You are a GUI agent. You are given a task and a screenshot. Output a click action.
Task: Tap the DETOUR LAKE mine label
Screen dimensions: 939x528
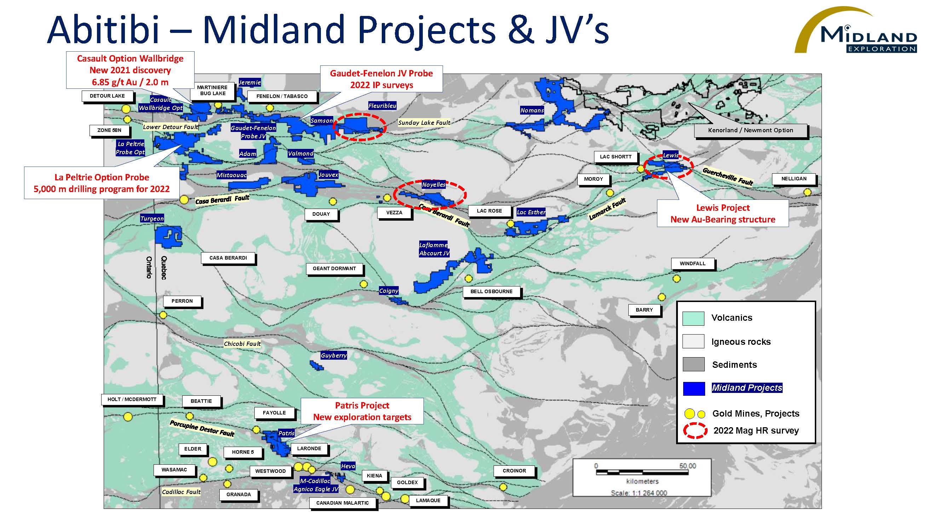pyautogui.click(x=107, y=96)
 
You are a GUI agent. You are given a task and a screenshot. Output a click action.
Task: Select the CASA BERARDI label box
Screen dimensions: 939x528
pyautogui.click(x=228, y=258)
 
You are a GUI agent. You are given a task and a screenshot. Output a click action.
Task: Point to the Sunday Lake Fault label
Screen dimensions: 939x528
pyautogui.click(x=424, y=123)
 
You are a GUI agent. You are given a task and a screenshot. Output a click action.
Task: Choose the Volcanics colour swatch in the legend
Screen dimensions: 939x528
pyautogui.click(x=693, y=319)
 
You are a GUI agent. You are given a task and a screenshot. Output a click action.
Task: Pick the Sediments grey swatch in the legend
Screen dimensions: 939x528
pyautogui.click(x=693, y=364)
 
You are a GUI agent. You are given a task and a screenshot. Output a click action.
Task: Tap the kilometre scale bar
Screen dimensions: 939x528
pyautogui.click(x=642, y=472)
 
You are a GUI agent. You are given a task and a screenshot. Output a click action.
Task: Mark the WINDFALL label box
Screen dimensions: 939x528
pyautogui.click(x=692, y=264)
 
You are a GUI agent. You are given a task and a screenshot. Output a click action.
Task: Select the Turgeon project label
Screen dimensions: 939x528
pyautogui.click(x=152, y=219)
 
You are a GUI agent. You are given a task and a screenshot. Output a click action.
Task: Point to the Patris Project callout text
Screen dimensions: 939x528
pyautogui.click(x=362, y=411)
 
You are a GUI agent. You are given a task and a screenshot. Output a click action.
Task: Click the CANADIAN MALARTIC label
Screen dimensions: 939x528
pyautogui.click(x=342, y=503)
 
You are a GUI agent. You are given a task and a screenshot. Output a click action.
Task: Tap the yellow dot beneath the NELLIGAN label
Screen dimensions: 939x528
pyautogui.click(x=808, y=192)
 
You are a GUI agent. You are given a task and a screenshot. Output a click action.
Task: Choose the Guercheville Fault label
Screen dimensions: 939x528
pyautogui.click(x=727, y=176)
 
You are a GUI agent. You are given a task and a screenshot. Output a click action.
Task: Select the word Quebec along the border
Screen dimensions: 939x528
pyautogui.click(x=164, y=267)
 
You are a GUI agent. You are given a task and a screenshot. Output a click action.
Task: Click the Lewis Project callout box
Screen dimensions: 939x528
pyautogui.click(x=723, y=214)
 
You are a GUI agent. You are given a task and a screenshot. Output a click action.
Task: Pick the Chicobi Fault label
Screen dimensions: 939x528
pyautogui.click(x=242, y=344)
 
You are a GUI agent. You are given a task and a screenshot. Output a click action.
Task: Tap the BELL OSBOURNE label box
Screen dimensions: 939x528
pyautogui.click(x=491, y=292)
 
